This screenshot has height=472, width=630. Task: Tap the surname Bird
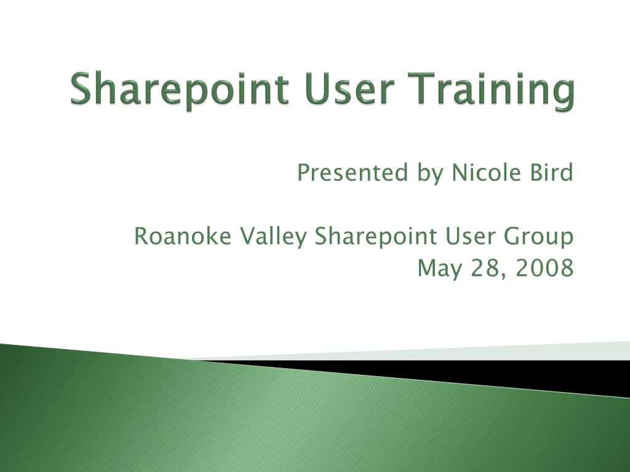point(551,173)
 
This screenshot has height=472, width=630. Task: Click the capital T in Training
point(431,88)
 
